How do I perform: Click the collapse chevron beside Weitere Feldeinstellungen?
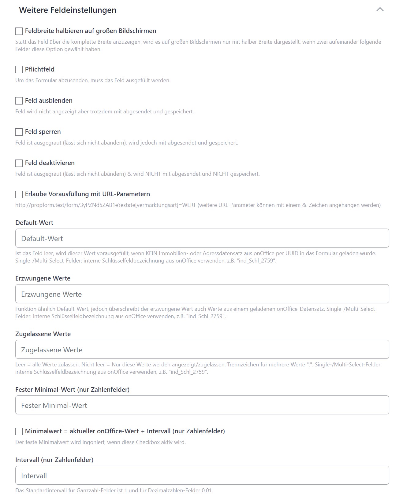coord(380,10)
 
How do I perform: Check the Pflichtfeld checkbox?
coord(19,70)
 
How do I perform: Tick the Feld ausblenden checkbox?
coord(19,101)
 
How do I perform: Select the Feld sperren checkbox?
coord(19,132)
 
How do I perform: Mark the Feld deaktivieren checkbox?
coord(19,163)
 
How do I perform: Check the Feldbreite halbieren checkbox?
coord(19,31)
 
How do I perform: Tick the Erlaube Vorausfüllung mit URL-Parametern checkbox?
coord(19,194)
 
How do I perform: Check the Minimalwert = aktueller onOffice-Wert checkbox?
coord(19,431)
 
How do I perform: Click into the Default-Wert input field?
coord(202,238)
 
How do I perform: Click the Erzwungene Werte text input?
coord(202,294)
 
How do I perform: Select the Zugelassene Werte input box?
coord(202,350)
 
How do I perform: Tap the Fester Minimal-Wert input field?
coord(202,405)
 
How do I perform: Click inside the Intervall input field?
coord(202,475)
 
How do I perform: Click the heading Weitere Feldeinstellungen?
coord(68,10)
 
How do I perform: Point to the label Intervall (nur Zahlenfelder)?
coord(54,460)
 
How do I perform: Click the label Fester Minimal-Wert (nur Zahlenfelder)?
coord(72,390)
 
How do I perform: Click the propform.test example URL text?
coord(106,205)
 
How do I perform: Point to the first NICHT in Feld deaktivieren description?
coord(153,174)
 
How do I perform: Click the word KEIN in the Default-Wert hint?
coord(151,253)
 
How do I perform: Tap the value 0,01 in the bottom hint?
coord(207,490)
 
